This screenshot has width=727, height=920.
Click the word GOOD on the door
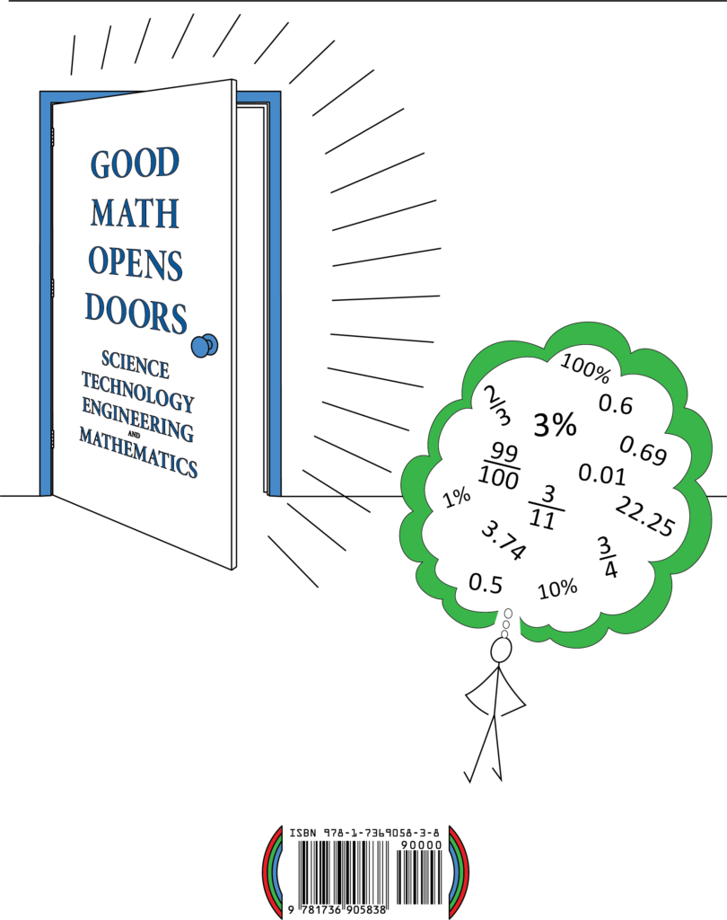[x=135, y=164]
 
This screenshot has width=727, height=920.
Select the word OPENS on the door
[x=136, y=263]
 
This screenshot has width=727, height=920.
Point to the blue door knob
[x=205, y=346]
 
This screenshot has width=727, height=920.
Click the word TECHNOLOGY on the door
[x=138, y=392]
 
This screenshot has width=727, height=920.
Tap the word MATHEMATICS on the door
[x=138, y=452]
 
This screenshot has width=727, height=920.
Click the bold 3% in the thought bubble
[x=555, y=425]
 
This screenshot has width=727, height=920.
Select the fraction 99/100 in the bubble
[x=500, y=466]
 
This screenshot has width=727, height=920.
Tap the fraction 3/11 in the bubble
[x=546, y=509]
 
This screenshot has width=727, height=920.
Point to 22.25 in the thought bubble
[x=645, y=516]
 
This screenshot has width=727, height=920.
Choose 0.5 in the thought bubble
[x=486, y=584]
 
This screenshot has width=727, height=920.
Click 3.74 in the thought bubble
[x=504, y=540]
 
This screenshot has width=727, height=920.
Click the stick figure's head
[x=501, y=650]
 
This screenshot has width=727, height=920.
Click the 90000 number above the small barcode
[x=421, y=845]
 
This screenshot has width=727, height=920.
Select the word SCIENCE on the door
[x=136, y=365]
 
